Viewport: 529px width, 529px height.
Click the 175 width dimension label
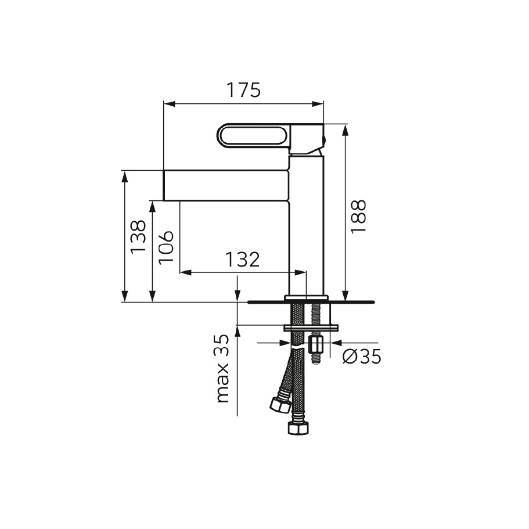click(243, 90)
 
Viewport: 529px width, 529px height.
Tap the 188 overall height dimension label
click(358, 217)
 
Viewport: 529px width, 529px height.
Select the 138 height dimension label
click(138, 237)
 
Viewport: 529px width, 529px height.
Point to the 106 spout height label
click(166, 247)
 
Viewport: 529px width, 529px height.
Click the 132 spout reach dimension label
click(242, 260)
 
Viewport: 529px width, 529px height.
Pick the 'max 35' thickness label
click(222, 368)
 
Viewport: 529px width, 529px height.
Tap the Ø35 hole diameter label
click(362, 357)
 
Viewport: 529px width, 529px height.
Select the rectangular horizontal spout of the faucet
click(226, 186)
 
